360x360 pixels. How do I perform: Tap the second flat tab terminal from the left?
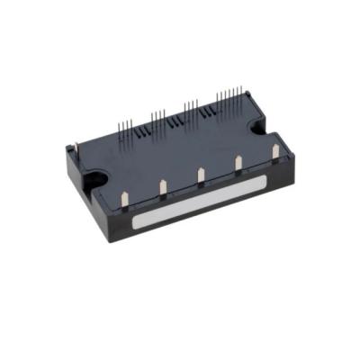(x=163, y=186)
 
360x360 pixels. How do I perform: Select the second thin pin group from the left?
(x=158, y=120)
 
